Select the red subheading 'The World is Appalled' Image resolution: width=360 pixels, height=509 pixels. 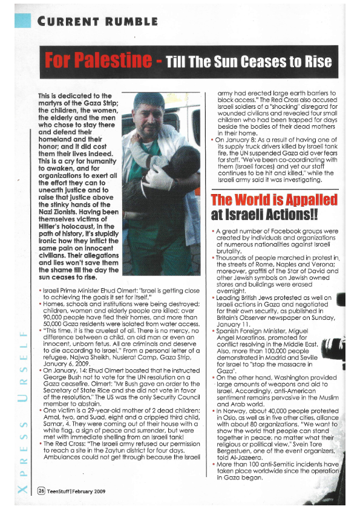273,200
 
